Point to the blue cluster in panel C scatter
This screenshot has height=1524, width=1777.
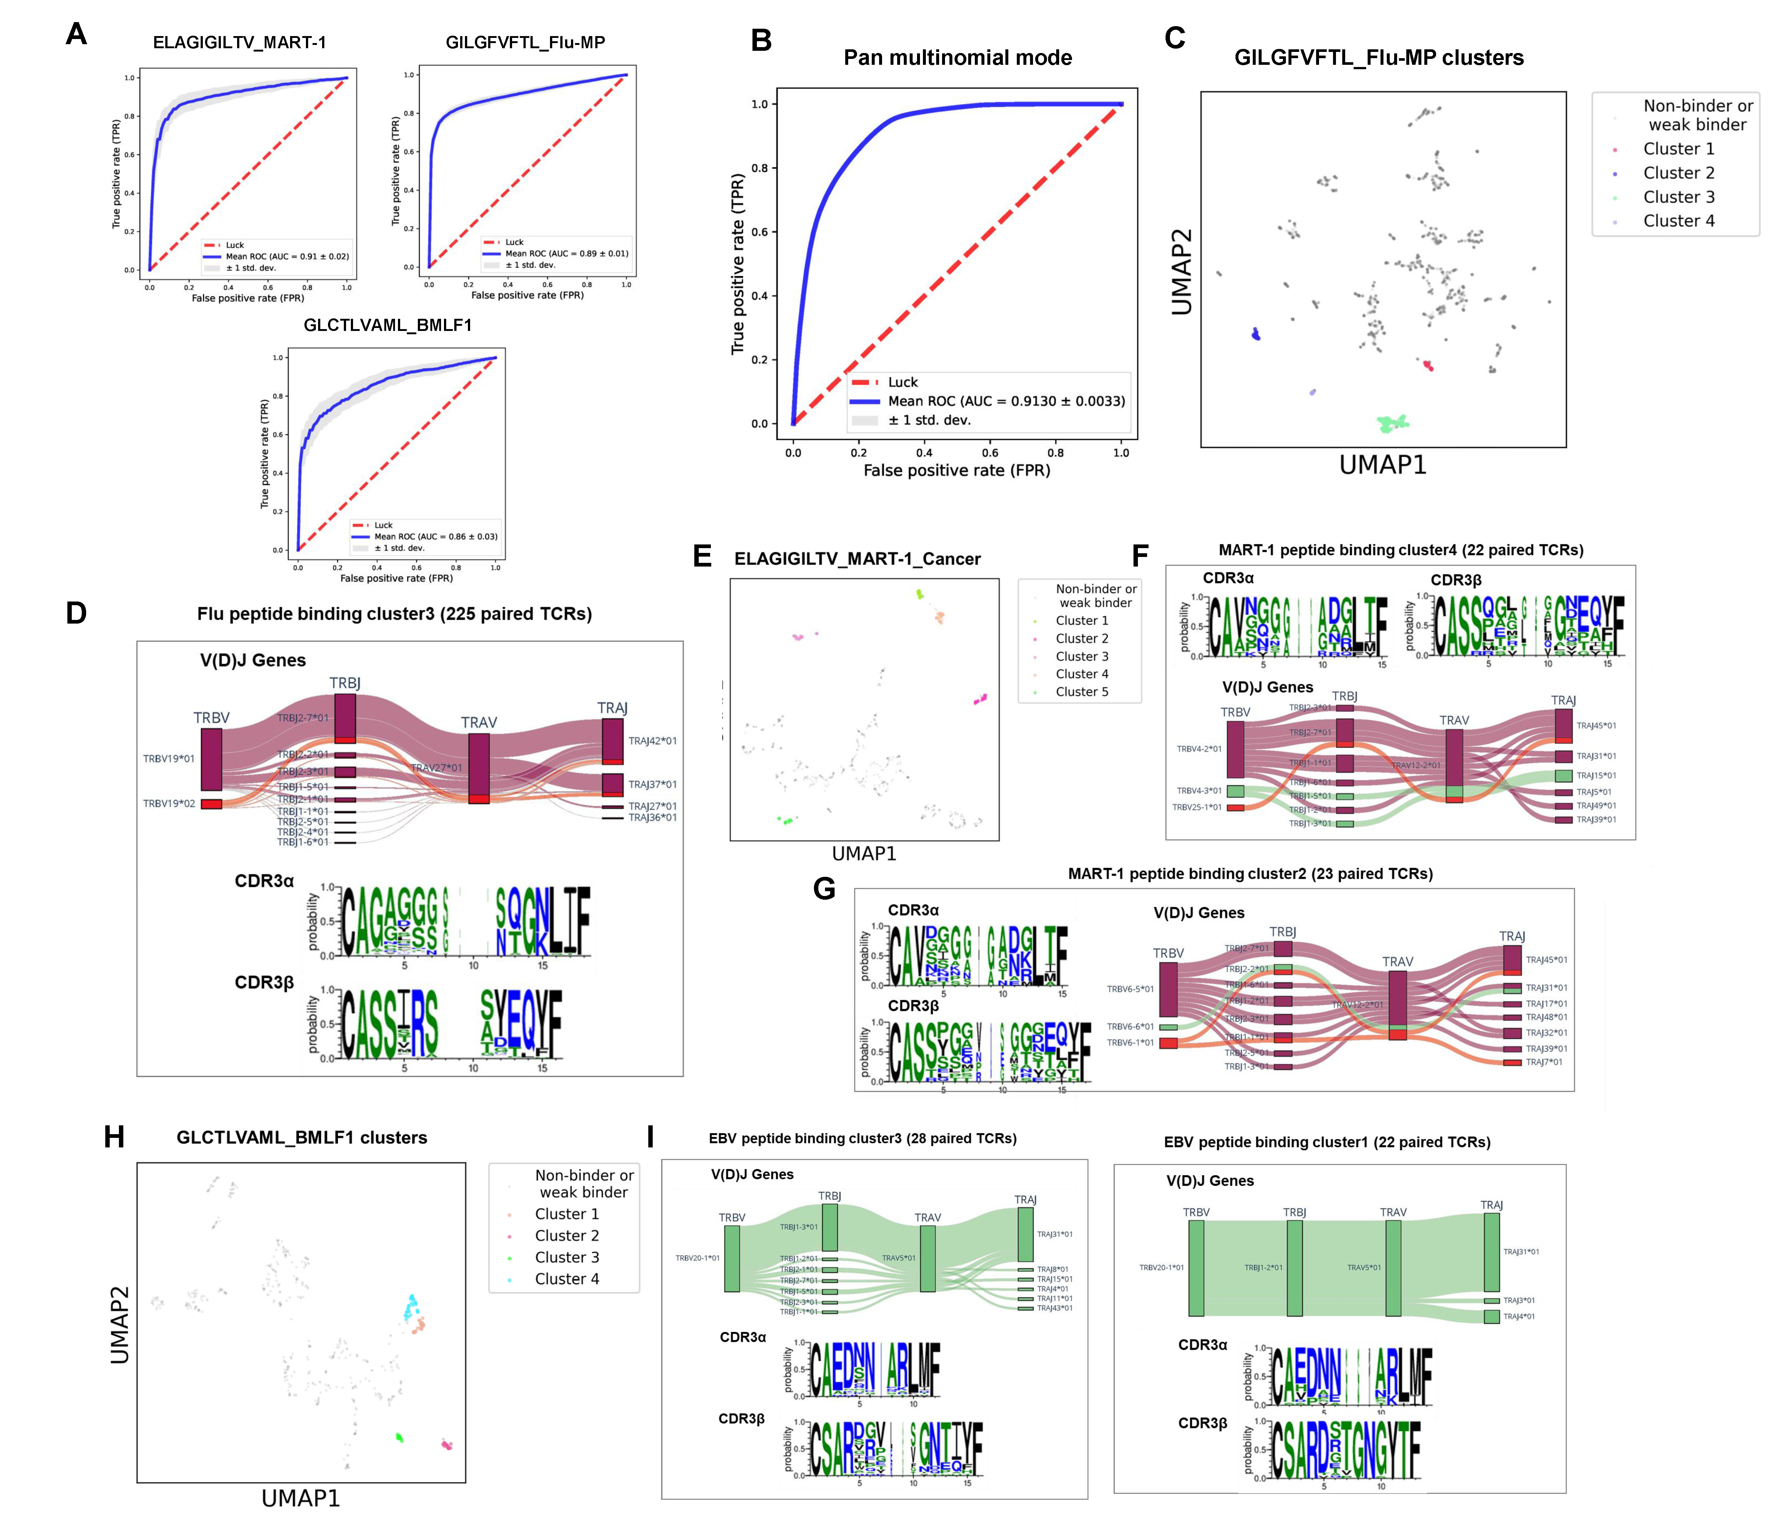1256,334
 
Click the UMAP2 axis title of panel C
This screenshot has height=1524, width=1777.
1182,272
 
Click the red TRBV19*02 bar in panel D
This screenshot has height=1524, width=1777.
211,804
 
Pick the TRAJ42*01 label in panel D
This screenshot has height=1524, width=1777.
652,741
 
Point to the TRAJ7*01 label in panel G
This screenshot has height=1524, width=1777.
1544,1062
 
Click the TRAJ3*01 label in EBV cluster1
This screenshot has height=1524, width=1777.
1519,1300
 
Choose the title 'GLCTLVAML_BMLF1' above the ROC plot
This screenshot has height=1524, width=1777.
388,325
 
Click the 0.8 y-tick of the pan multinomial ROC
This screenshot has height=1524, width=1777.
760,168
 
